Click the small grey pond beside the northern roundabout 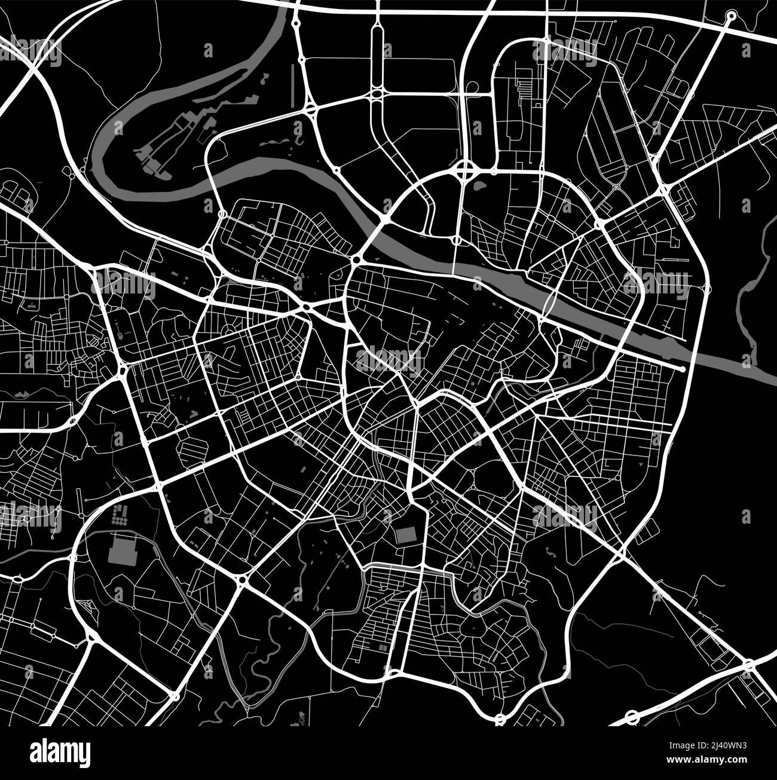478,186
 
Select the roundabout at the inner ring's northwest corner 357,261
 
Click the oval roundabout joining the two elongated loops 377,94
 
